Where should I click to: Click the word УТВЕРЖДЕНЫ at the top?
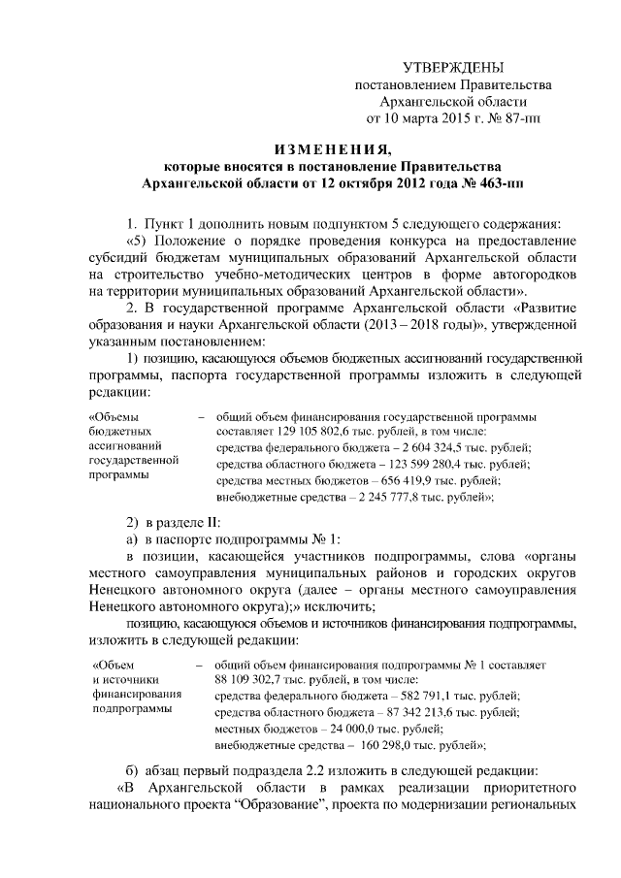(x=454, y=67)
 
